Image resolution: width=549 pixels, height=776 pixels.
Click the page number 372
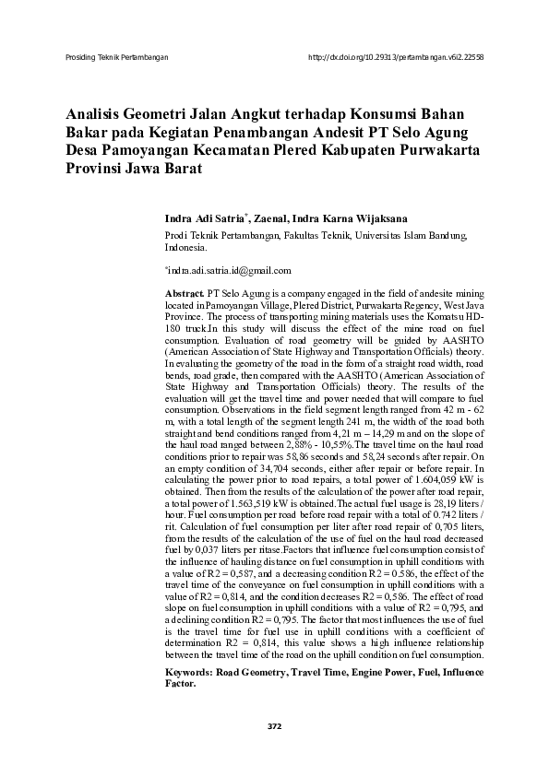(x=274, y=726)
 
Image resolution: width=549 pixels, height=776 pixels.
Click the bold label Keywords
(x=189, y=674)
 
